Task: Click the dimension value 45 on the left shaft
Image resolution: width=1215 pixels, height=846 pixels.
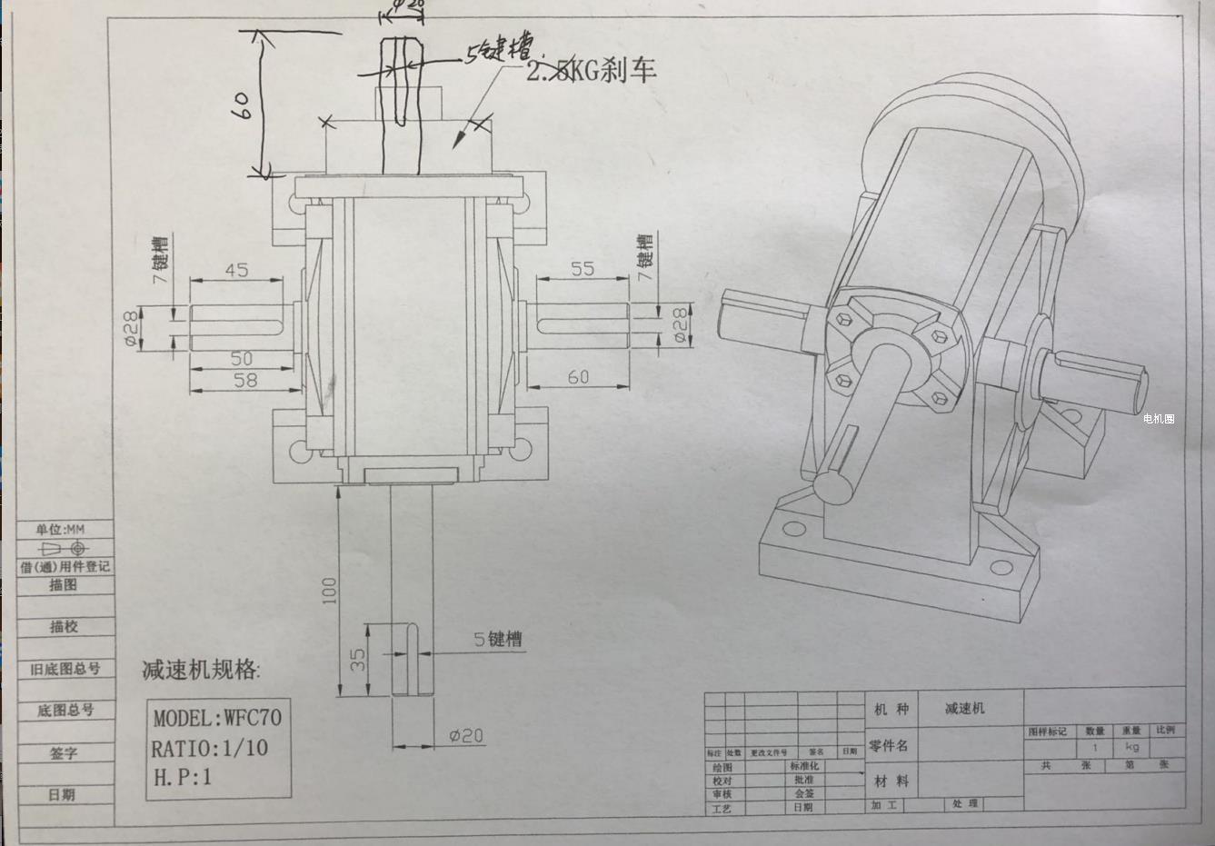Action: click(235, 270)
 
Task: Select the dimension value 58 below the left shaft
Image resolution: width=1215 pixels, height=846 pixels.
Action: click(245, 380)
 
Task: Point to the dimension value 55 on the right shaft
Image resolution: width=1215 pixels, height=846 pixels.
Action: click(583, 269)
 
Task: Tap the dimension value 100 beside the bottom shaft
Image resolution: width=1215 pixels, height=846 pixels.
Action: click(329, 590)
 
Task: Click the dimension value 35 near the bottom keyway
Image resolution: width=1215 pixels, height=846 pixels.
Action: click(358, 659)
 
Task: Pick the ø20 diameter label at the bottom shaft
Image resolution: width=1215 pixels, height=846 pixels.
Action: click(466, 736)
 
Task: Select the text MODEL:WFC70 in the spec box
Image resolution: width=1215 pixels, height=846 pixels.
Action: click(217, 718)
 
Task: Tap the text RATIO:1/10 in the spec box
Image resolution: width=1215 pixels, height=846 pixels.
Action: click(210, 748)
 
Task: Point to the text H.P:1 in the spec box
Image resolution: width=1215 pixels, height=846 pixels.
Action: click(182, 777)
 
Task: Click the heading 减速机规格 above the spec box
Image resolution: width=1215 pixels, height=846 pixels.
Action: click(201, 671)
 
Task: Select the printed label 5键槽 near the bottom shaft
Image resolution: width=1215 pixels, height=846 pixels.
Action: click(498, 639)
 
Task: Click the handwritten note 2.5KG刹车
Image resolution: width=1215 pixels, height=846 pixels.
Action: click(592, 71)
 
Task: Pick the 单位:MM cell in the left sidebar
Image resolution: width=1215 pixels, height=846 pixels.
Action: click(62, 529)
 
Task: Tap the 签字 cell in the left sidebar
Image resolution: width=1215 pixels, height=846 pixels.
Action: click(64, 752)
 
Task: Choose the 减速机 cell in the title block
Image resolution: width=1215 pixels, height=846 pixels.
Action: click(964, 708)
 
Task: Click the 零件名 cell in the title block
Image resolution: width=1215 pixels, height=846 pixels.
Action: click(888, 746)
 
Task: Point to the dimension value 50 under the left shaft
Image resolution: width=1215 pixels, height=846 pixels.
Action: click(241, 358)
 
